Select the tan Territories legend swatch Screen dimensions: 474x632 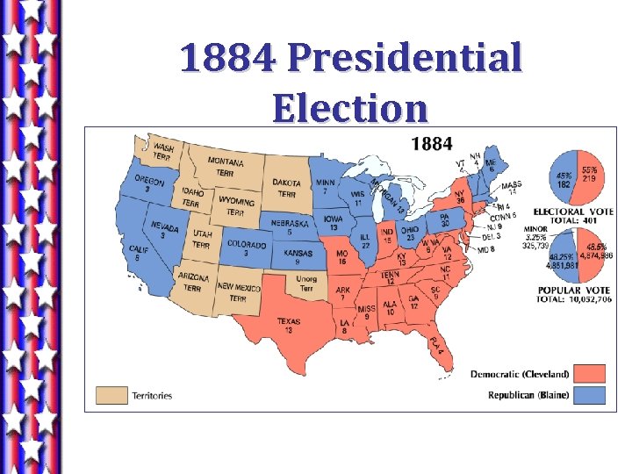click(111, 395)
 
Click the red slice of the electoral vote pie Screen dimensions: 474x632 click(588, 176)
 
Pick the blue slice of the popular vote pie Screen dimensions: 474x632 click(562, 256)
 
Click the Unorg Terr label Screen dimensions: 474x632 click(306, 284)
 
